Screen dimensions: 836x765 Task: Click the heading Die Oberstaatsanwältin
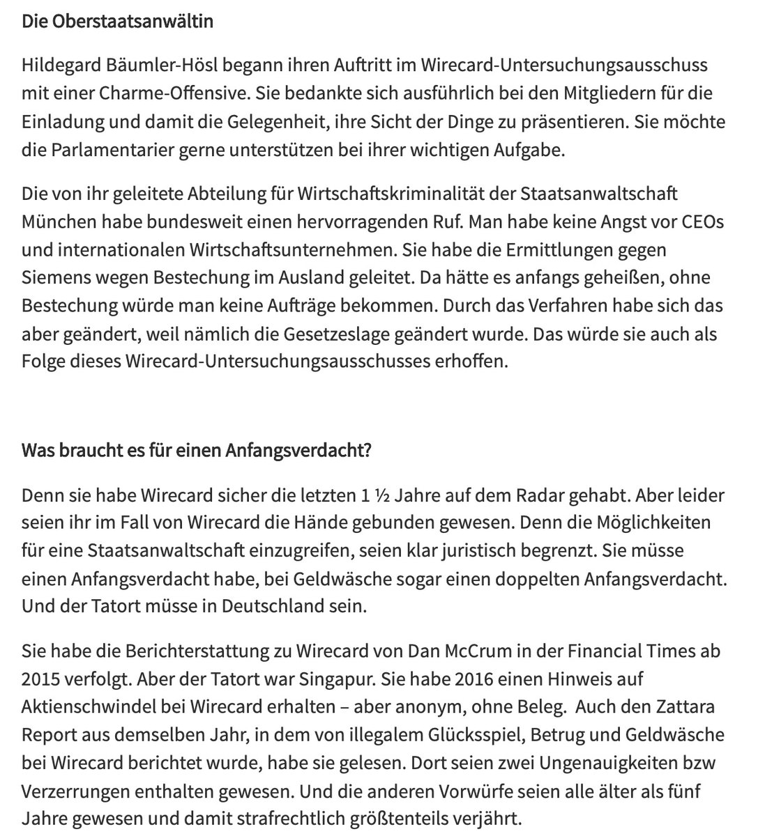coord(117,21)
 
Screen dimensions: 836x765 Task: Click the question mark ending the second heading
coord(367,450)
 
